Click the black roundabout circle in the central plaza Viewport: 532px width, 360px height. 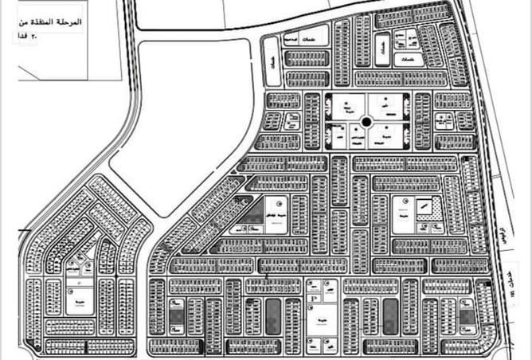366,122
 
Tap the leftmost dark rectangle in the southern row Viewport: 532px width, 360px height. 175,317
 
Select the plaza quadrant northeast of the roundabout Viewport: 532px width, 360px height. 388,105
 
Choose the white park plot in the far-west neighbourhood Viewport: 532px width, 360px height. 78,302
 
